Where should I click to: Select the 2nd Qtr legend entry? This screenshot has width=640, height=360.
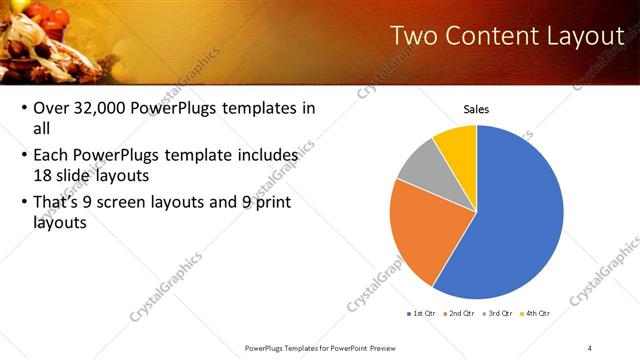coord(460,314)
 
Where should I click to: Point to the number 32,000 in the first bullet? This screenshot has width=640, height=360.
coord(107,108)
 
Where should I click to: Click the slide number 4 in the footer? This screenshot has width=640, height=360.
coord(590,348)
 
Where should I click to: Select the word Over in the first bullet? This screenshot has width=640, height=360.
coord(52,108)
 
